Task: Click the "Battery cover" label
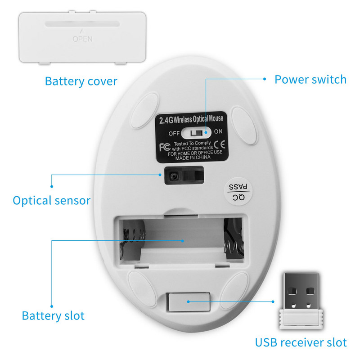(x=81, y=81)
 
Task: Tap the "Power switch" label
(x=310, y=80)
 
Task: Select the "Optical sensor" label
(x=52, y=200)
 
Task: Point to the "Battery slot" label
(x=53, y=315)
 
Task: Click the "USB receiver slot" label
(x=301, y=342)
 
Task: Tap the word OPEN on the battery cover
(x=82, y=39)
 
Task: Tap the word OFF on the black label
(x=174, y=134)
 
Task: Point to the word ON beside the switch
(x=218, y=132)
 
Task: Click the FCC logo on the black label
(x=165, y=146)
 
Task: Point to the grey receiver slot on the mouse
(x=189, y=301)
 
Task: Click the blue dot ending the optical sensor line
(x=52, y=185)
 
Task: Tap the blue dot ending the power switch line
(x=265, y=78)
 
